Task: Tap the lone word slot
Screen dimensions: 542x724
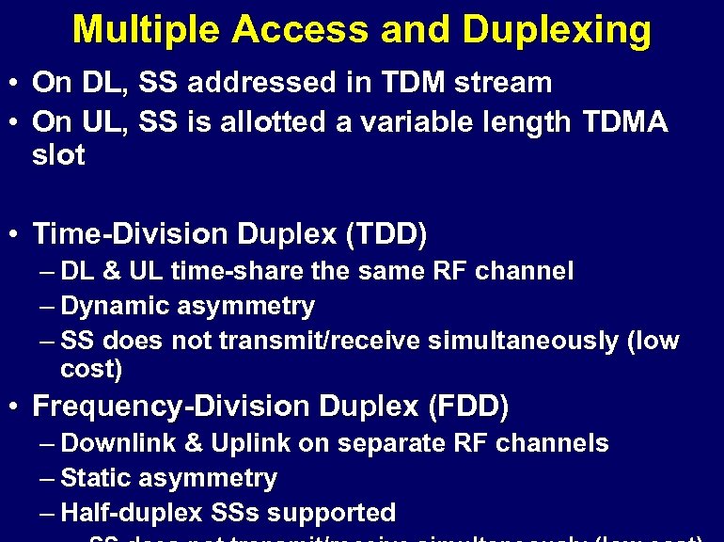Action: coord(58,155)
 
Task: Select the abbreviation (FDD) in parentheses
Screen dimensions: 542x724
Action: coord(468,407)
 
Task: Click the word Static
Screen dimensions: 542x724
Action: coord(99,478)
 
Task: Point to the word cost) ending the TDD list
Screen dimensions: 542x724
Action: coord(91,370)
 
